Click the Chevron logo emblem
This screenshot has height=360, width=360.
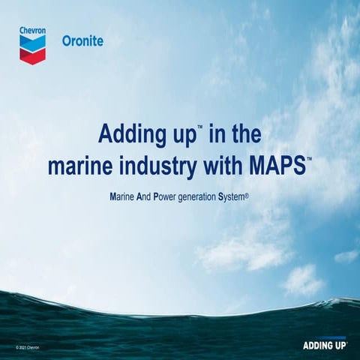32,49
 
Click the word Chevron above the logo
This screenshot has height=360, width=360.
32,31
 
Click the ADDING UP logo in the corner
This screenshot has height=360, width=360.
323,346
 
